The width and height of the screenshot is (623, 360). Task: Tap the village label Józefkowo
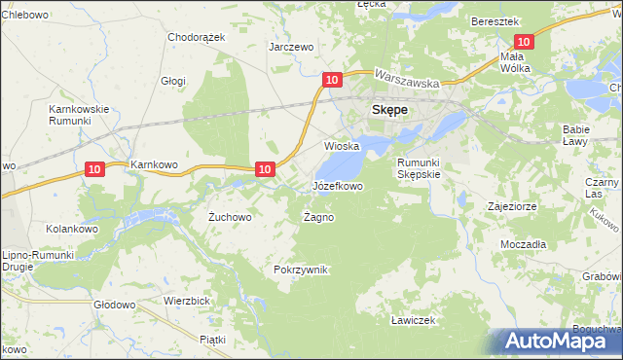coord(338,185)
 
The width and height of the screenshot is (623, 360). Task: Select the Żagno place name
coord(318,217)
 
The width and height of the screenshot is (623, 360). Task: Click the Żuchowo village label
coord(231,217)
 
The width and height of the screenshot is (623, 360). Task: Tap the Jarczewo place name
coord(291,46)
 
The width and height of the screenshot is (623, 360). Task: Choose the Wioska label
coord(342,146)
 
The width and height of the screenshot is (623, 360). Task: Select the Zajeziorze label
coord(514,206)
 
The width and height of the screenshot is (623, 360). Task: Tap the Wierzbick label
coord(188,301)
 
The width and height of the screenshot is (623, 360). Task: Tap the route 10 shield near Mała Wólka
coord(524,42)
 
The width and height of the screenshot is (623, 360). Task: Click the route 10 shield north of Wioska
coord(332,79)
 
